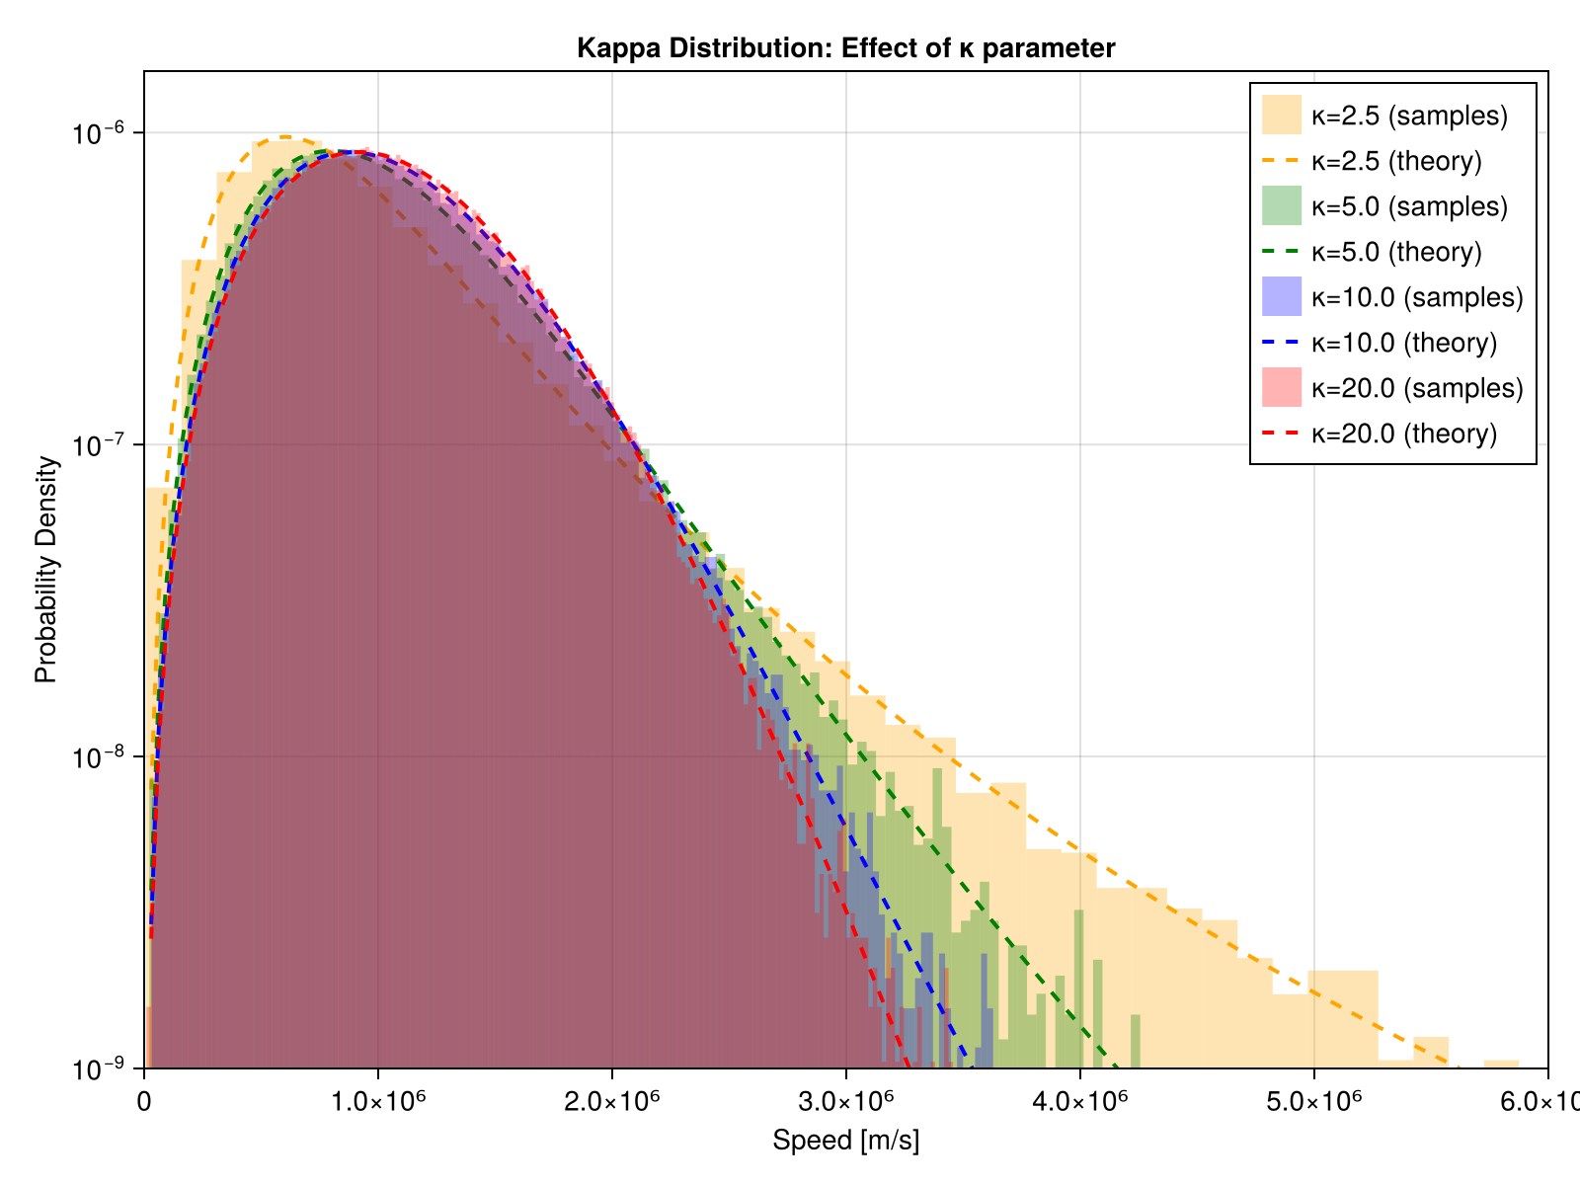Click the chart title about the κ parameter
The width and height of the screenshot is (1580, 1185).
[845, 47]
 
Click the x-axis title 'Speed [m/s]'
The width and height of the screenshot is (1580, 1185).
[845, 1141]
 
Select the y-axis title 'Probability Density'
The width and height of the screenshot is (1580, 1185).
[46, 570]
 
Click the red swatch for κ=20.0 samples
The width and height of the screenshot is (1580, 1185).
[1282, 387]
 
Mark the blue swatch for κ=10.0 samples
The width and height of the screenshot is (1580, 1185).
[1282, 296]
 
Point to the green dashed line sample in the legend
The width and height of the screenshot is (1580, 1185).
[1282, 252]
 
